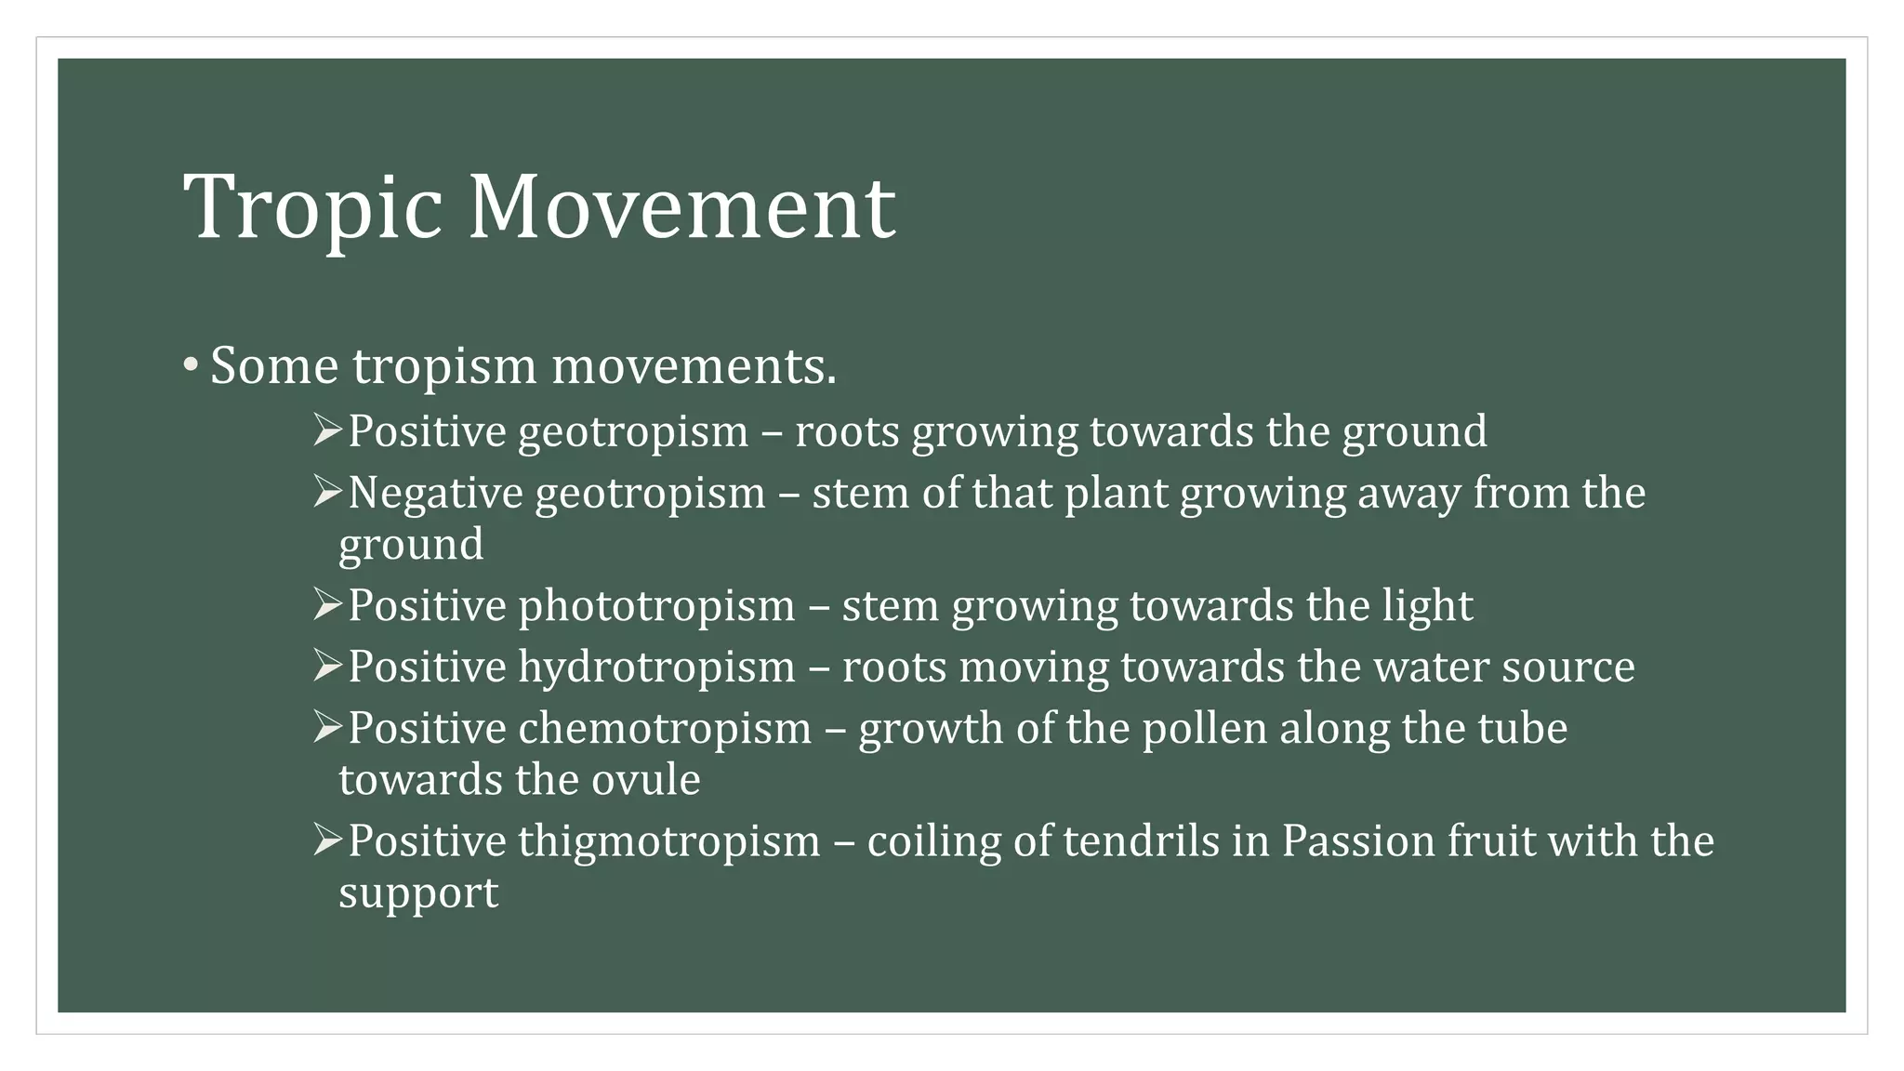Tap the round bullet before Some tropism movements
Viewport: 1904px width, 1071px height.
coord(190,364)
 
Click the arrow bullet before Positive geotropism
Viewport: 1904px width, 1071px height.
coord(328,430)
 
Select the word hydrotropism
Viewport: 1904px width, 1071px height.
coord(656,668)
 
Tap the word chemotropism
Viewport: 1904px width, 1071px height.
coord(665,728)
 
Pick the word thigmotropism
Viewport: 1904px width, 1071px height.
coord(669,841)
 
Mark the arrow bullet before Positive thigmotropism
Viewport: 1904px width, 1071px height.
coord(328,840)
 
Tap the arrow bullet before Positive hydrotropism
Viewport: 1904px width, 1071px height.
coord(328,666)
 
